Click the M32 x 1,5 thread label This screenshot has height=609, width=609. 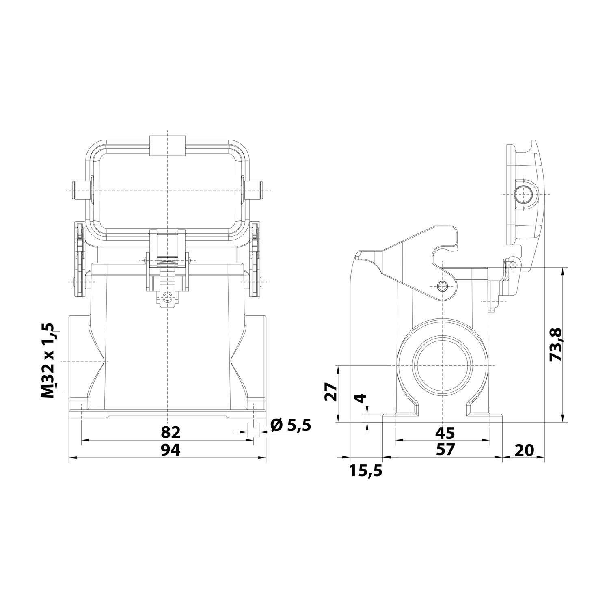point(48,361)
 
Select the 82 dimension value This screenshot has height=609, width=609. point(170,432)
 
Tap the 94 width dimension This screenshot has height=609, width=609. point(170,449)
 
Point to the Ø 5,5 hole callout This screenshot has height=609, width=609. point(290,425)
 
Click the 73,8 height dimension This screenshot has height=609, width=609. point(555,345)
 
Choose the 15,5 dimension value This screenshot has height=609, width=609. point(365,471)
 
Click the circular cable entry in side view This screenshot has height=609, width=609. point(443,366)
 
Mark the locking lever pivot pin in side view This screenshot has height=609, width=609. point(443,286)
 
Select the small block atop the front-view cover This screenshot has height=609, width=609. point(168,145)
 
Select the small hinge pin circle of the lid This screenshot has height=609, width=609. point(514,265)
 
